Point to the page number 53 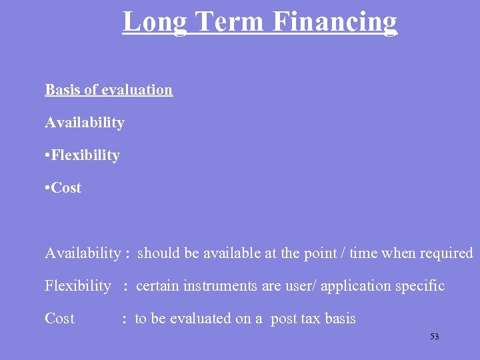click(x=435, y=337)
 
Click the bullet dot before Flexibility click(x=47, y=156)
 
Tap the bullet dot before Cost click(x=47, y=189)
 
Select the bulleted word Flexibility click(x=86, y=155)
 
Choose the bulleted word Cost click(x=67, y=188)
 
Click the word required click(x=446, y=253)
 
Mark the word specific click(x=420, y=287)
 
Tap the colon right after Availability click(x=127, y=254)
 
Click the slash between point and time click(x=342, y=253)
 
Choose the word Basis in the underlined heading click(x=63, y=90)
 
